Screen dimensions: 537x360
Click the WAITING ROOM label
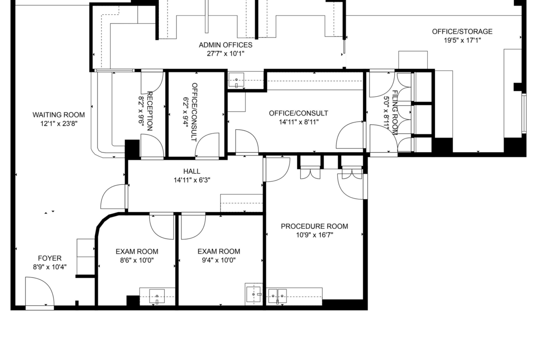(59, 115)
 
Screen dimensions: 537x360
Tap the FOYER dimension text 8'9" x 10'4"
(50, 267)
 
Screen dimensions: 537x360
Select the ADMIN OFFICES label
(226, 45)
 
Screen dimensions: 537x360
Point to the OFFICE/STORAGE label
(462, 32)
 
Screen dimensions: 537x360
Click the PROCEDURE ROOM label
(314, 226)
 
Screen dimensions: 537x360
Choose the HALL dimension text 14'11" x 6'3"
(192, 180)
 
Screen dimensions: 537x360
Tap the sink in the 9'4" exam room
(254, 294)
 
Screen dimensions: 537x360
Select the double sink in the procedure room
(277, 296)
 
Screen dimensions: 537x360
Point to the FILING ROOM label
(395, 112)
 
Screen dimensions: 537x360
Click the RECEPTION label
(150, 111)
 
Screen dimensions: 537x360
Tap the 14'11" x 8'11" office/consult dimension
(299, 122)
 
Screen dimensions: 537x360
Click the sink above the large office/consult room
(236, 81)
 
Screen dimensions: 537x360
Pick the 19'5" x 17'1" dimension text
(462, 40)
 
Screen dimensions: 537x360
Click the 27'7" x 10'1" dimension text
(226, 54)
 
